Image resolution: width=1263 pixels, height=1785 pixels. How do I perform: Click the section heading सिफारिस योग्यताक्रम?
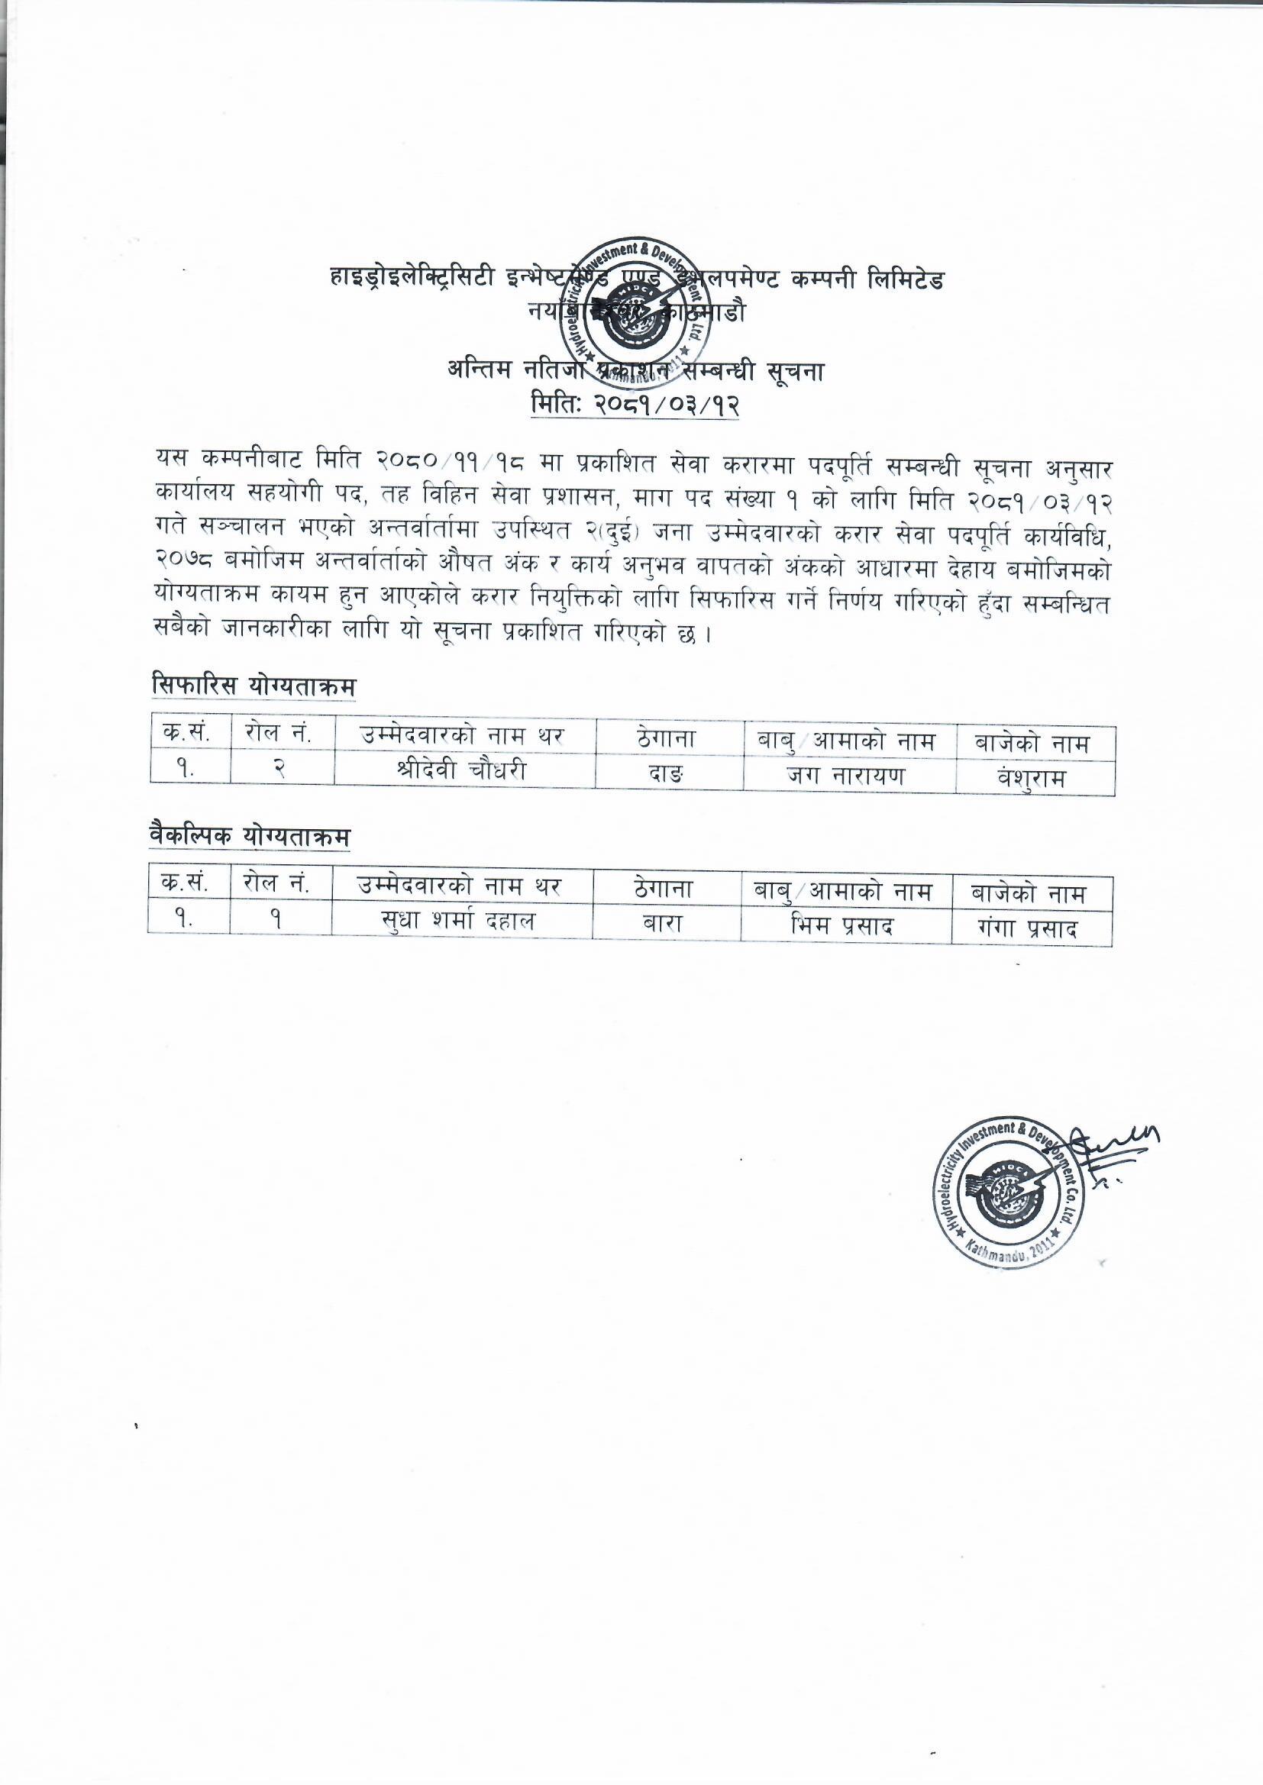[x=254, y=686]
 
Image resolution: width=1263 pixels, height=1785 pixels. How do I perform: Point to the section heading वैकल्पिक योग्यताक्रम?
[x=250, y=837]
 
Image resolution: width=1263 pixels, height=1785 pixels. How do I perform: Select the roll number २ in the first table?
[x=282, y=770]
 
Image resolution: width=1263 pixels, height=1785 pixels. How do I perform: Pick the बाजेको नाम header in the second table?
[x=1029, y=893]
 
